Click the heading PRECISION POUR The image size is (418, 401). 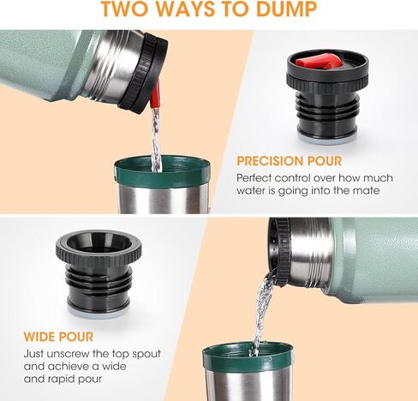click(289, 161)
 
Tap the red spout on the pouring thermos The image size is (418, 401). click(155, 95)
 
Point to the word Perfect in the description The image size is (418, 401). click(255, 177)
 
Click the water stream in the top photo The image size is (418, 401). click(156, 137)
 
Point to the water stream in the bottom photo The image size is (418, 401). click(261, 313)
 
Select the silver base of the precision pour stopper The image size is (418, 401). click(326, 136)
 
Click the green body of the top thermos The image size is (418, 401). click(43, 60)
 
